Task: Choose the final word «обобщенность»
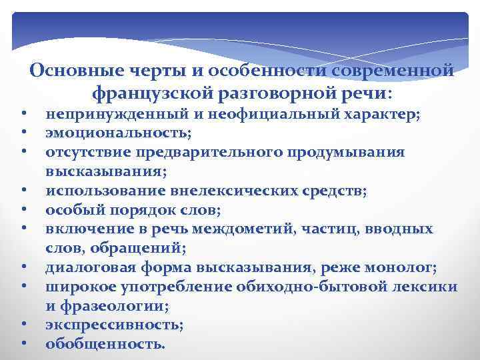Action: (103, 345)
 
